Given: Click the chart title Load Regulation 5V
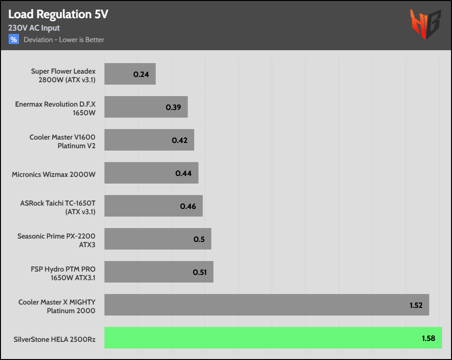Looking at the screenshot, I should (x=58, y=14).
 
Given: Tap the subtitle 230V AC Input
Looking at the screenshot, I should (x=34, y=28).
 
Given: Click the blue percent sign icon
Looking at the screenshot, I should (x=13, y=39).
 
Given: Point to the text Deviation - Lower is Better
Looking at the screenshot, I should (x=64, y=40).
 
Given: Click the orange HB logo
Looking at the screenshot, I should (x=425, y=24).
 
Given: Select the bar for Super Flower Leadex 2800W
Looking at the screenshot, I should (x=130, y=74).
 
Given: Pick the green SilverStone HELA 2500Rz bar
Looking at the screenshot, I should (x=273, y=338).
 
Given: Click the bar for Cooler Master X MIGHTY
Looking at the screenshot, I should (x=266, y=305).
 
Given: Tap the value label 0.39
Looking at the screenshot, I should (x=173, y=107).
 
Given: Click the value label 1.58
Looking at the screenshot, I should (x=428, y=338).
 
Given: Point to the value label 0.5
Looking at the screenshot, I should (x=199, y=239).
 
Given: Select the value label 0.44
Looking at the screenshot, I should (x=183, y=173).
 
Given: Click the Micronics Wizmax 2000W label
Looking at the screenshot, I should (x=54, y=175).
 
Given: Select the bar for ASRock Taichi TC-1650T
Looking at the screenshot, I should (x=153, y=206).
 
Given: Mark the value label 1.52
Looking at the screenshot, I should (x=416, y=305).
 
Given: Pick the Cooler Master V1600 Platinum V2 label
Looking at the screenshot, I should (x=63, y=142).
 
